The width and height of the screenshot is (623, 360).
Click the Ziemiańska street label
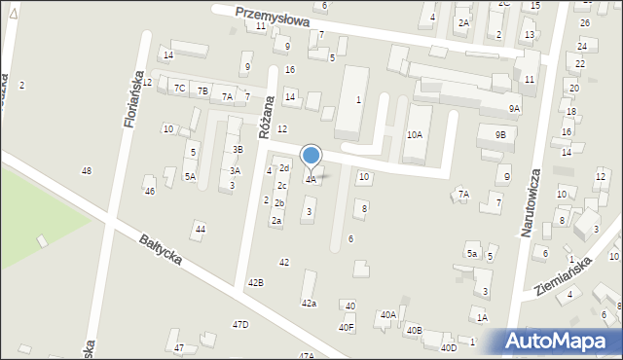[x=564, y=278]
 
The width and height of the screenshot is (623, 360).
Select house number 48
[x=87, y=170]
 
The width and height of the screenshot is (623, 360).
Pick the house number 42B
[x=255, y=282]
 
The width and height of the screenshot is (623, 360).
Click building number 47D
[x=240, y=324]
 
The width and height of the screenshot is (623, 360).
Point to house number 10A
[x=415, y=134]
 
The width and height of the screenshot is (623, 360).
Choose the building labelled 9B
[x=499, y=134]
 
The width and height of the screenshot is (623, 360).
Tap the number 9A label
[x=514, y=108]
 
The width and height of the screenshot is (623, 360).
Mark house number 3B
[x=237, y=149]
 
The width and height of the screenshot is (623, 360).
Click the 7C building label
[x=180, y=88]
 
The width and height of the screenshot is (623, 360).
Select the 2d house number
[x=284, y=168]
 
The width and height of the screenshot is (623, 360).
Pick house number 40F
[x=347, y=327]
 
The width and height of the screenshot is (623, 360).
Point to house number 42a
[x=309, y=304]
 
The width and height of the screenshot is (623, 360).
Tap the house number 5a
[x=472, y=254]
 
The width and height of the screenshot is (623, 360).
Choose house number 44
[x=200, y=229]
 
